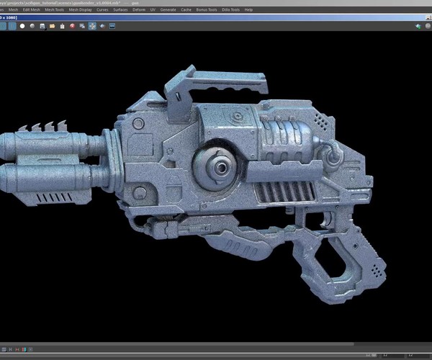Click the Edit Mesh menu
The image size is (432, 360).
pyautogui.click(x=32, y=9)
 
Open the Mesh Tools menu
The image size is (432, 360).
pyautogui.click(x=55, y=9)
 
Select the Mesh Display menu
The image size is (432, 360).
pyautogui.click(x=80, y=9)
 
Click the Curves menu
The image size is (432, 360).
pyautogui.click(x=103, y=9)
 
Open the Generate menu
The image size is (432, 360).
pyautogui.click(x=168, y=9)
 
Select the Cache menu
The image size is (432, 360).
pyautogui.click(x=186, y=9)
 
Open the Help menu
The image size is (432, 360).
pyautogui.click(x=248, y=9)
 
